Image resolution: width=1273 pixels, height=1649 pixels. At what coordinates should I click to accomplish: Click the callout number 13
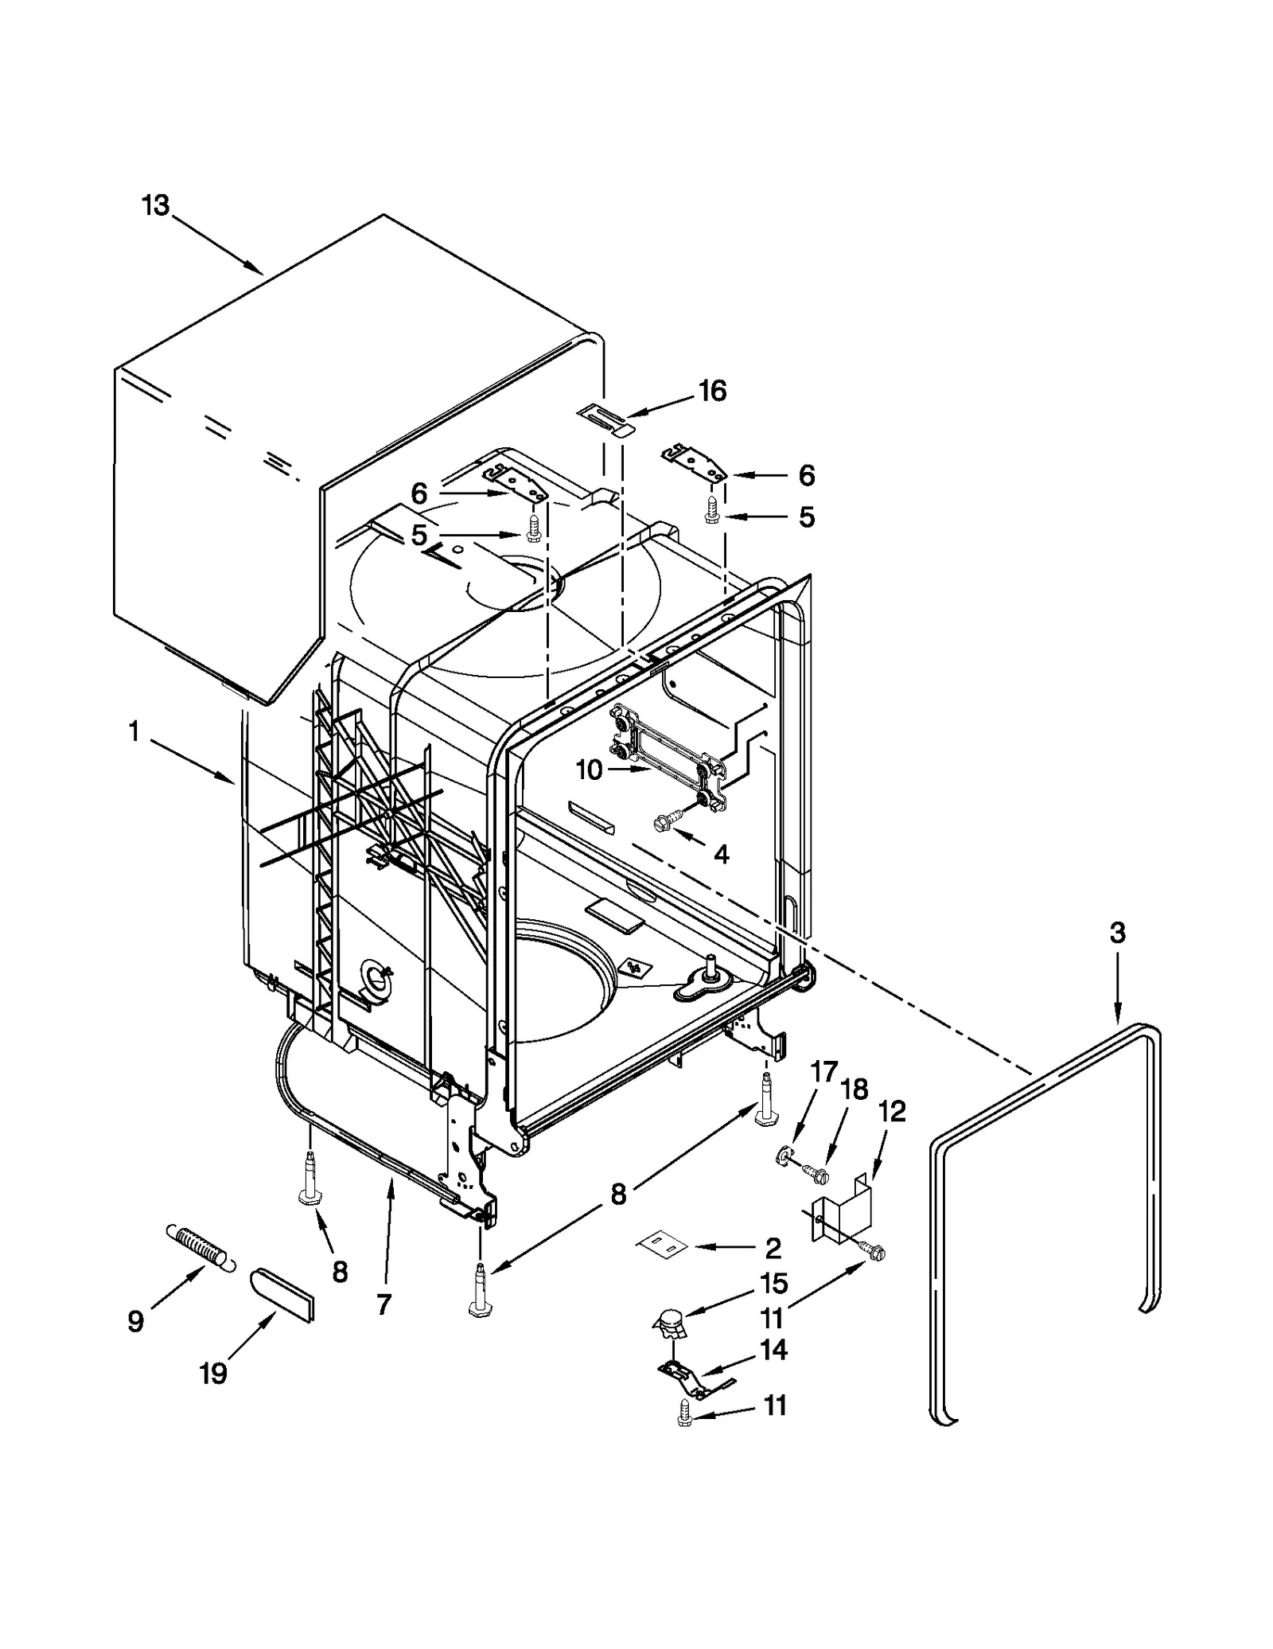point(156,205)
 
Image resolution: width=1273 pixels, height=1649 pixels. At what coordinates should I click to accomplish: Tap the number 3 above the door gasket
point(1117,933)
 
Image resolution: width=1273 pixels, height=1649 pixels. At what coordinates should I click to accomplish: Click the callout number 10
point(590,770)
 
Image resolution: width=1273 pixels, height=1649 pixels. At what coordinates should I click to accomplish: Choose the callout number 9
point(136,1322)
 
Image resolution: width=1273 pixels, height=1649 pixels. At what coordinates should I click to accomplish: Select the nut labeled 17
point(783,1156)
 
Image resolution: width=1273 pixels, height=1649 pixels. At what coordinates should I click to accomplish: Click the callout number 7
point(384,1304)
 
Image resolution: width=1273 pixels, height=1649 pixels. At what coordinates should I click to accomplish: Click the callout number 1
point(134,731)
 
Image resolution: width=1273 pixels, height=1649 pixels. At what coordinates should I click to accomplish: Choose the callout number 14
point(773,1350)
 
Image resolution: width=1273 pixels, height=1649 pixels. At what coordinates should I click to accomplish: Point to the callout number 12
point(892,1112)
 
